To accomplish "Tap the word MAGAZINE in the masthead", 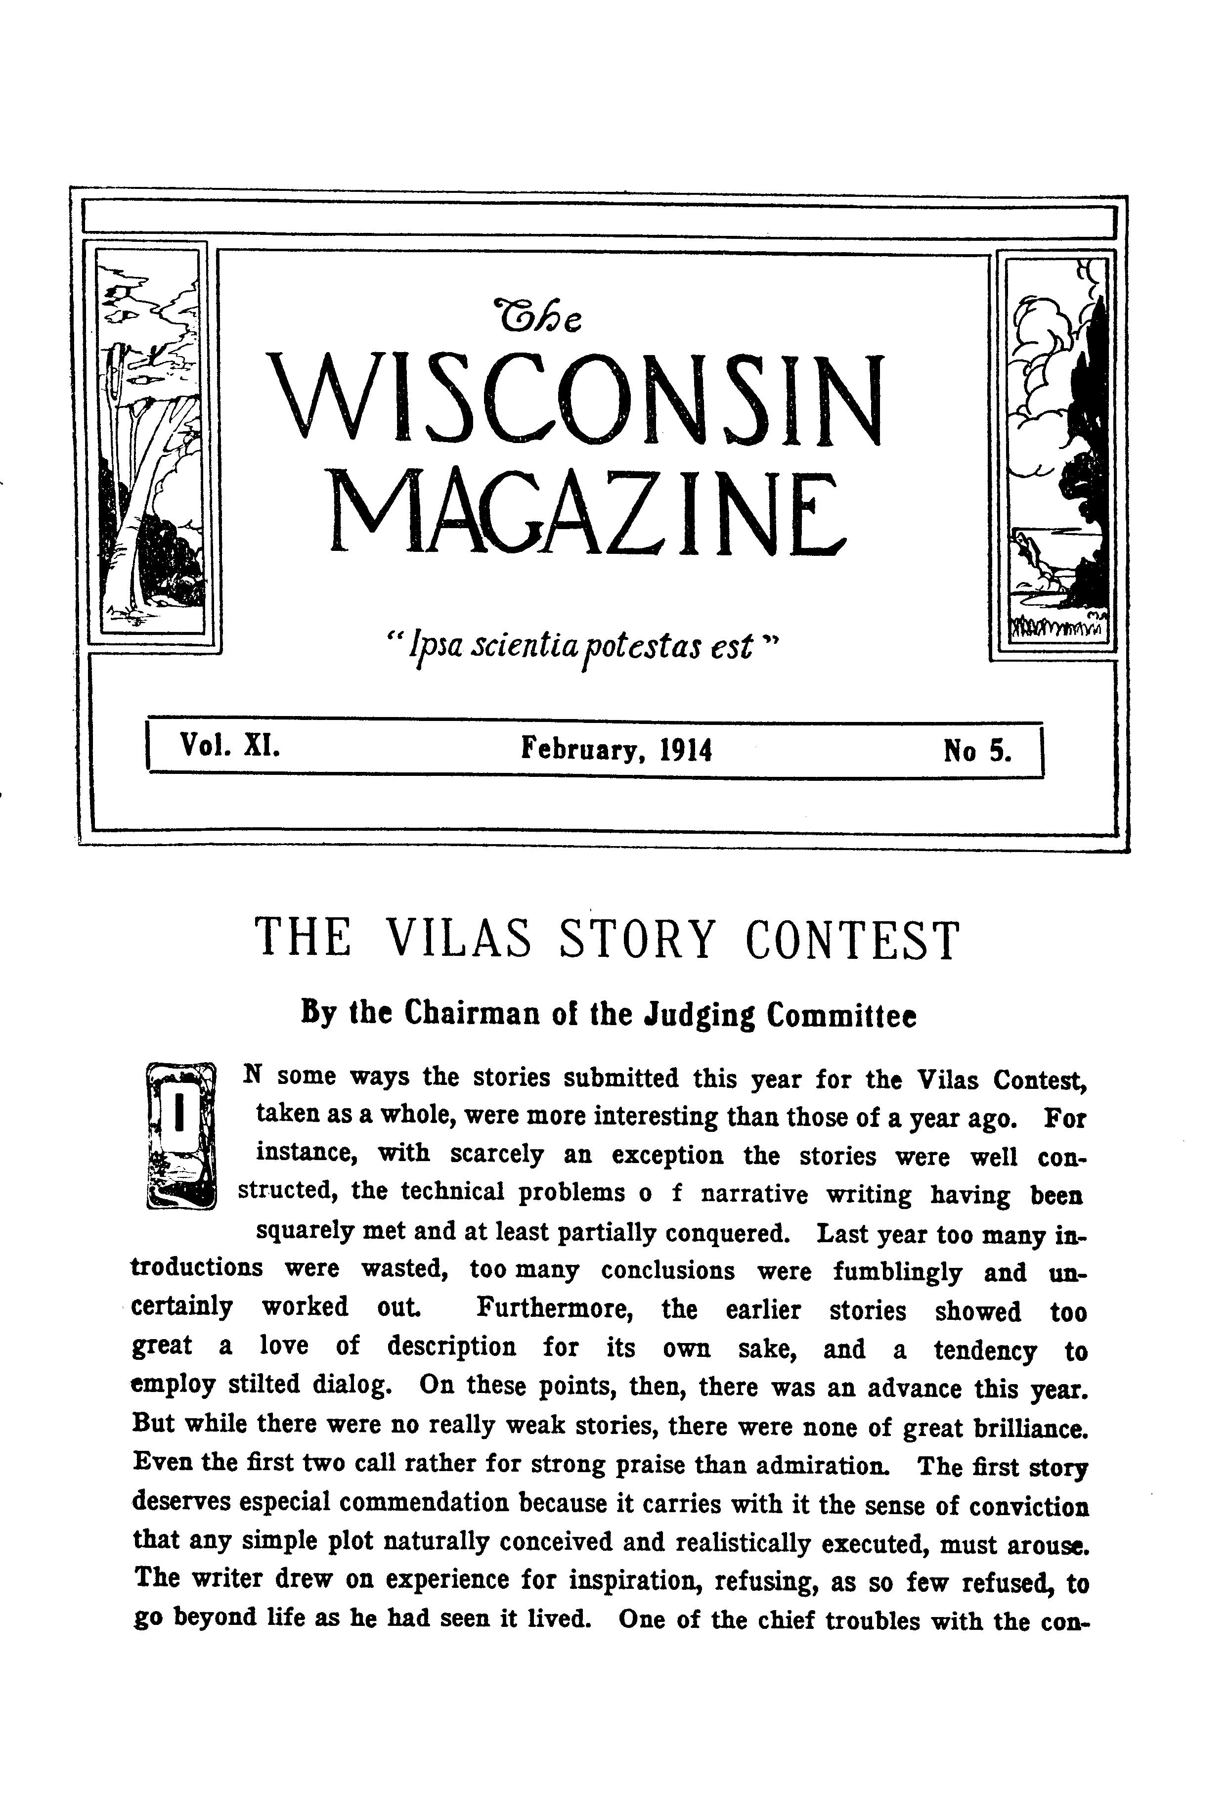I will coord(588,514).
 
